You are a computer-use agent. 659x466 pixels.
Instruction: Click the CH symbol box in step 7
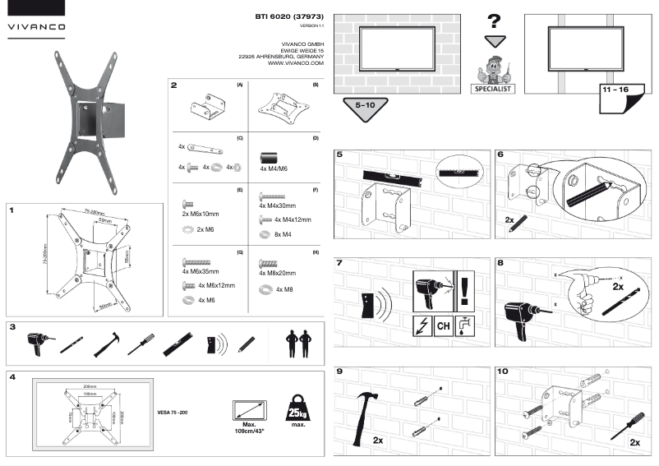443,326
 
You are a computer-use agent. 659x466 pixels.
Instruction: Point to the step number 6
503,154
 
